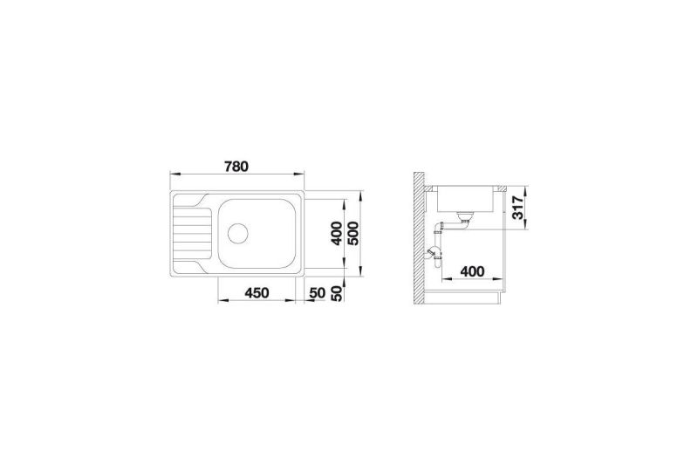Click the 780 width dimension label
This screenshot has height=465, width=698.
236,167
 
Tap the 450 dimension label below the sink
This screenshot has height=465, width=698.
257,293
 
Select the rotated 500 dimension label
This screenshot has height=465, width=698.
353,233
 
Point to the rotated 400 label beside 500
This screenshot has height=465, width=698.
337,233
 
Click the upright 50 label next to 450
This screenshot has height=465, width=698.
318,293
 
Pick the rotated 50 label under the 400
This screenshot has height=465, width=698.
339,293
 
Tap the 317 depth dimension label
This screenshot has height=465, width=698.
517,208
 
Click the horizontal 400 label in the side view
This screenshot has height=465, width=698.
472,270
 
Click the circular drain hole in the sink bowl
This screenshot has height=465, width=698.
237,233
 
